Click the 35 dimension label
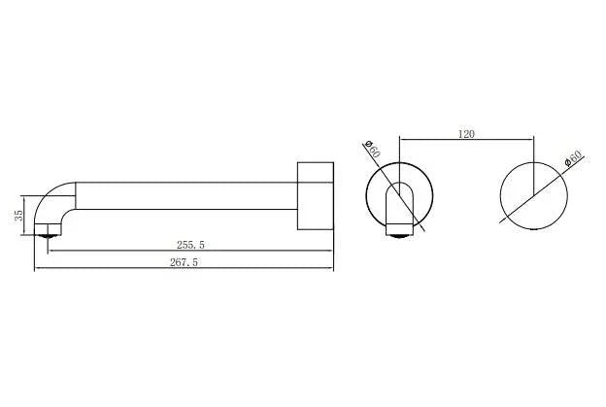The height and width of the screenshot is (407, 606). click(x=17, y=216)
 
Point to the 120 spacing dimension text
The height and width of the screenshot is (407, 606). click(x=465, y=133)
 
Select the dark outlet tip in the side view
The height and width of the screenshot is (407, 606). click(x=48, y=232)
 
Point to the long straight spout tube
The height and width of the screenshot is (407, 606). click(x=185, y=194)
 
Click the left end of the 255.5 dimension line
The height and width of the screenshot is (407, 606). click(x=47, y=252)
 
